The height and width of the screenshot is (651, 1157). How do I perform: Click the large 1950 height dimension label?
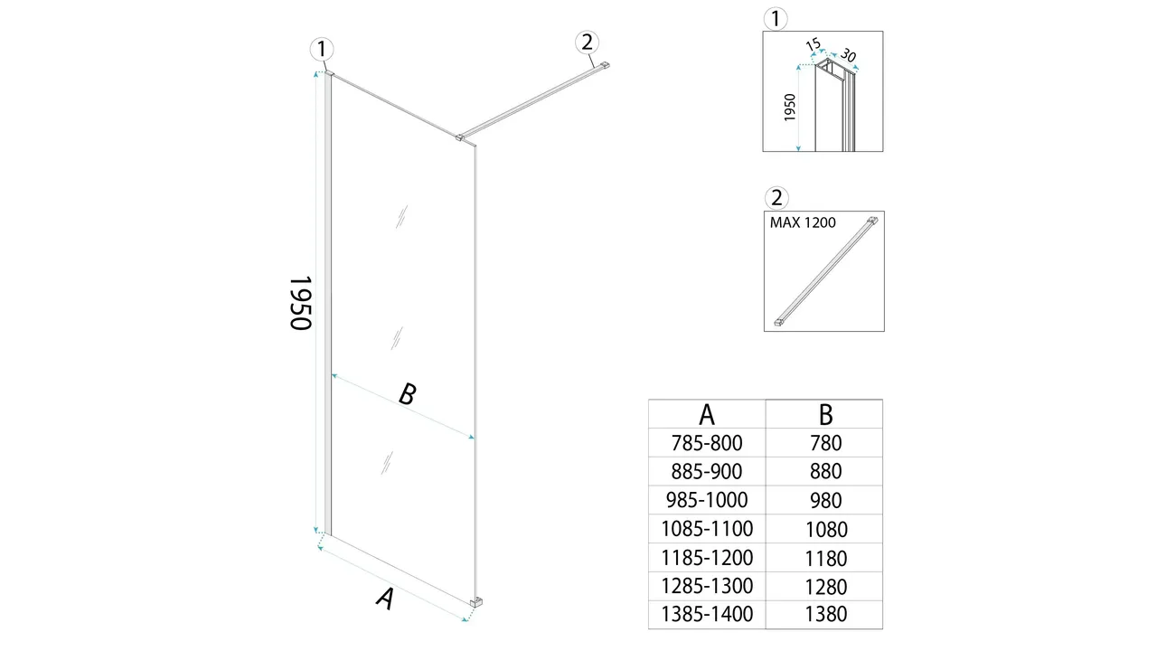301,303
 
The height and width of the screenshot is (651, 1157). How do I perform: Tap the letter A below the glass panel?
385,599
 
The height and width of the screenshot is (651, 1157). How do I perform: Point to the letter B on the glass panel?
408,394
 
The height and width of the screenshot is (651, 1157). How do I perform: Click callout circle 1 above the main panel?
322,50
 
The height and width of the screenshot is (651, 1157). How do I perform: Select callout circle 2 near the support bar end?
587,42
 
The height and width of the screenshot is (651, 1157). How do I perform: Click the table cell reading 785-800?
707,443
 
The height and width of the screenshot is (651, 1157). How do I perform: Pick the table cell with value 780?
826,443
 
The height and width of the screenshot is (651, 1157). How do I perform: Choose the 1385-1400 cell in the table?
707,614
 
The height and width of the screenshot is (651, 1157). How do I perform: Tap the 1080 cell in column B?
826,529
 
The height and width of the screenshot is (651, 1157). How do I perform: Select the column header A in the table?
707,414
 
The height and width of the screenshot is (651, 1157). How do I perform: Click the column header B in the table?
826,414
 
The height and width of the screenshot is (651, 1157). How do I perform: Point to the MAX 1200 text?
803,222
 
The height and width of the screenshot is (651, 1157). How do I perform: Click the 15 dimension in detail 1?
813,44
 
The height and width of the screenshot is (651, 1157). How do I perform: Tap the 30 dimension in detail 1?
848,55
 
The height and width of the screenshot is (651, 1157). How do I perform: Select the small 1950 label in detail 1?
790,108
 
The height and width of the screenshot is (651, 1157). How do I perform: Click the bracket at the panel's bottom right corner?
476,601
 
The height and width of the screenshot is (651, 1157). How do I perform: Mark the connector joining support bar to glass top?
458,137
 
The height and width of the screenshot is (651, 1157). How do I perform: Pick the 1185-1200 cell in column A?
707,558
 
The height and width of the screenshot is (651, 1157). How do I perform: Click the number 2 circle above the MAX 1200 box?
776,198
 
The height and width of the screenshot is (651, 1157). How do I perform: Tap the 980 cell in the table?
826,500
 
